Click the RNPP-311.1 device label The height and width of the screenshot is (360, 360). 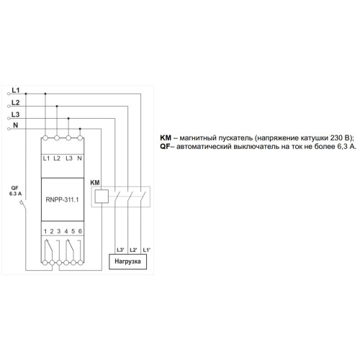(x=62, y=199)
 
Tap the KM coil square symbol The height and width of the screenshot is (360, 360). (x=102, y=197)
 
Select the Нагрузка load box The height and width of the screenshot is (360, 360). (x=127, y=262)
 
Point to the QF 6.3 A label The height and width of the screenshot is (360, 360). (x=15, y=191)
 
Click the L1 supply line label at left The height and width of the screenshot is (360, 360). (x=16, y=90)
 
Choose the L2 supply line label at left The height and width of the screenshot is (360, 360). (x=16, y=102)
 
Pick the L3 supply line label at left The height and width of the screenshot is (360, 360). (x=16, y=114)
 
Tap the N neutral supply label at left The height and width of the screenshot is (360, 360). (x=16, y=125)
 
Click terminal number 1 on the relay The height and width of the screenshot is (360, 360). (x=45, y=231)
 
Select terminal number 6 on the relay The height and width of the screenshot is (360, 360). (x=80, y=231)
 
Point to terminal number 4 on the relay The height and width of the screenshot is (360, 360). (x=66, y=231)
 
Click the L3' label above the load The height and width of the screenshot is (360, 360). (x=120, y=250)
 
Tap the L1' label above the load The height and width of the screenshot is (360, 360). (x=146, y=250)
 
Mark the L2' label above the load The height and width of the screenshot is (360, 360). (x=133, y=250)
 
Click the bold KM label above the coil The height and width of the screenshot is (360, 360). (x=95, y=183)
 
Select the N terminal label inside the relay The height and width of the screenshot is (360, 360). (x=80, y=158)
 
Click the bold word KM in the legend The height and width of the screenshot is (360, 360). (x=166, y=138)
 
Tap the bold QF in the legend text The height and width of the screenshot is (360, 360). (x=165, y=146)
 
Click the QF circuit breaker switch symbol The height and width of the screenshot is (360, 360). (x=24, y=207)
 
